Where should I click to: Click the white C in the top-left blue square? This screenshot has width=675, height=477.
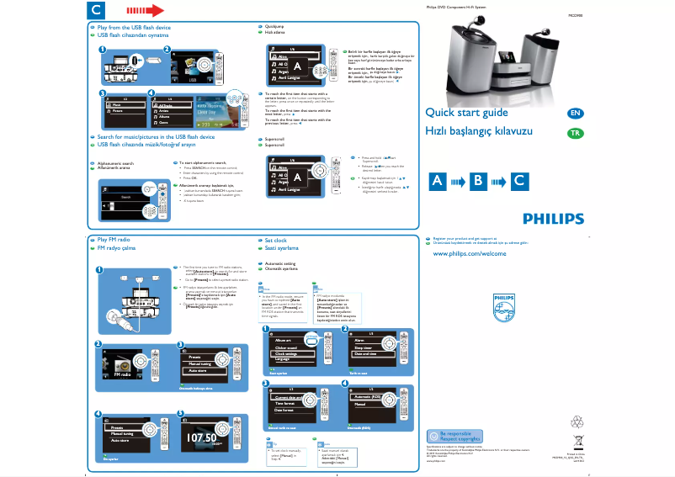coord(97,11)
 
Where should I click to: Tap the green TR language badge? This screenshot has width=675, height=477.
coord(575,133)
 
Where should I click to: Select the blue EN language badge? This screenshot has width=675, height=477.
coord(575,113)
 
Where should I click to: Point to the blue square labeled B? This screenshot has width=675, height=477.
coord(479,180)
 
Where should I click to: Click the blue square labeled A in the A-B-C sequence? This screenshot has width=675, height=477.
coord(438,180)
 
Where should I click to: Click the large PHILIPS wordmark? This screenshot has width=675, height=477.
coord(553,219)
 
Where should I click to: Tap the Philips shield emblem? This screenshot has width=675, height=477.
coord(502,304)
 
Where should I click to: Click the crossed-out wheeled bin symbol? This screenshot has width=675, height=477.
coord(577,442)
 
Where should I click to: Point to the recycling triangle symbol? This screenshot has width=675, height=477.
coord(577,421)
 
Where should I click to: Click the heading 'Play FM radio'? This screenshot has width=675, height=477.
coord(114,240)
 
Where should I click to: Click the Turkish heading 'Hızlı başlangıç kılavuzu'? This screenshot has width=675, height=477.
coord(479,133)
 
